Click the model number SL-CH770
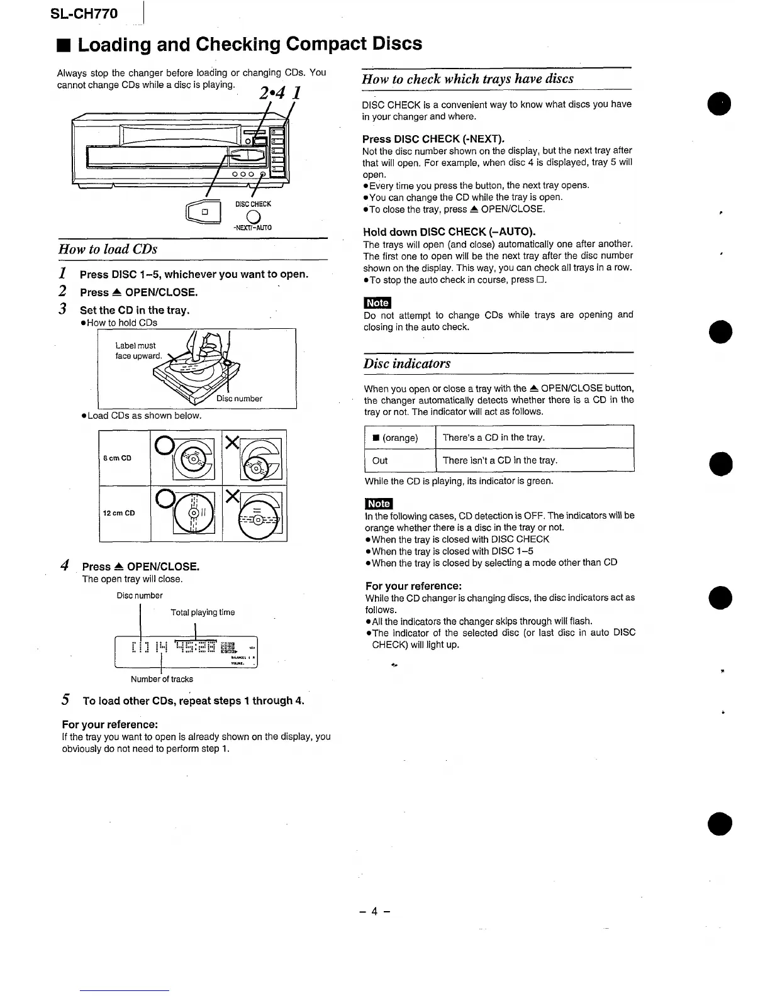coord(84,13)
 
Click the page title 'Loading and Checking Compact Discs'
coord(249,44)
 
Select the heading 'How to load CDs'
coord(108,249)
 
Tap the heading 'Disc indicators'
coord(407,363)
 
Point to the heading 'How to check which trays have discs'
coord(467,79)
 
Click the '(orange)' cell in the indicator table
coord(399,438)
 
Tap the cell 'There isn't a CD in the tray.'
coord(500,460)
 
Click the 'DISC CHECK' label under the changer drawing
coord(253,204)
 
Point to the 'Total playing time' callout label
coord(203,612)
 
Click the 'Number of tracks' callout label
coord(162,679)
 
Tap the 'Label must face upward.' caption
coord(138,351)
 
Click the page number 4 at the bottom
coord(375,911)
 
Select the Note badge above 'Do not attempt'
coord(377,303)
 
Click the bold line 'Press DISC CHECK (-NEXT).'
coord(433,139)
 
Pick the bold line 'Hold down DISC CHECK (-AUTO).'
coord(449,232)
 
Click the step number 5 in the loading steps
coord(65,700)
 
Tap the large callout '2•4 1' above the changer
coord(279,93)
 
